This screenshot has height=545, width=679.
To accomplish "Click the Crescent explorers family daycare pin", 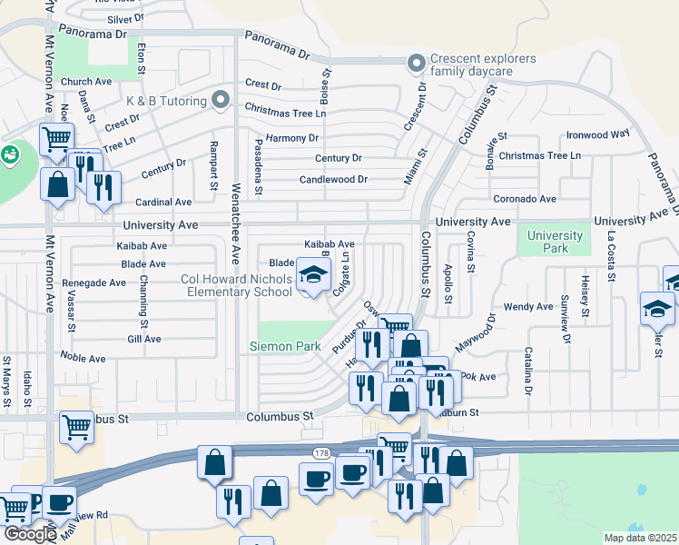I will pos(417,64).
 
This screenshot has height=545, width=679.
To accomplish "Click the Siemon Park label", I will pos(279,346).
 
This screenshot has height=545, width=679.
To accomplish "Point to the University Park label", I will pos(555,242).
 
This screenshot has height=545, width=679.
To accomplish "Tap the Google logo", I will pos(30,533).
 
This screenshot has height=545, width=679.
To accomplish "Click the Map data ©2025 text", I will pos(641,538).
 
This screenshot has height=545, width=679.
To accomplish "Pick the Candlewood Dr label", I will pos(334,180).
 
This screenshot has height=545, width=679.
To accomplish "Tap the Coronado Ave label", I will pos(525,199).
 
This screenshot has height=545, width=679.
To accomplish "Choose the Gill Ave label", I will pos(144,339).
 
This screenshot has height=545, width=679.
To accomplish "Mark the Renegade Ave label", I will pos(93,282).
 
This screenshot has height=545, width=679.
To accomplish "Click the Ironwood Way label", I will pos(597,134).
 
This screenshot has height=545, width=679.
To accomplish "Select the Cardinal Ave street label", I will pos(163,202).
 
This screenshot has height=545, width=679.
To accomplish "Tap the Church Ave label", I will pos(86,82).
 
